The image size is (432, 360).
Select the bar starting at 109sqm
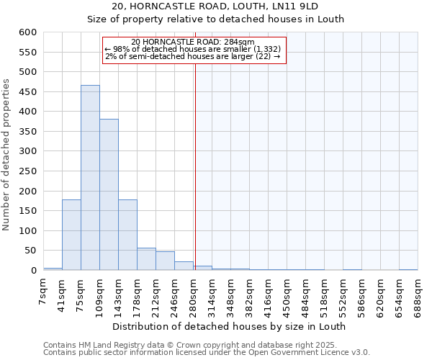[109, 194]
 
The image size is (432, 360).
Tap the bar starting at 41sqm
[71, 235]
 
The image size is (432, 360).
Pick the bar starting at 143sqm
[127, 235]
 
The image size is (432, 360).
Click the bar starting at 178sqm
[146, 259]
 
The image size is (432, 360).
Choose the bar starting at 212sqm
[165, 261]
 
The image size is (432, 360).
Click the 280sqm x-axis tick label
[194, 294]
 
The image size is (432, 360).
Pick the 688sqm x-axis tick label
[418, 294]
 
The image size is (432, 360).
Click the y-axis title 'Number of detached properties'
[6, 155]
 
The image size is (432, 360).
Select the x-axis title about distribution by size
[229, 326]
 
